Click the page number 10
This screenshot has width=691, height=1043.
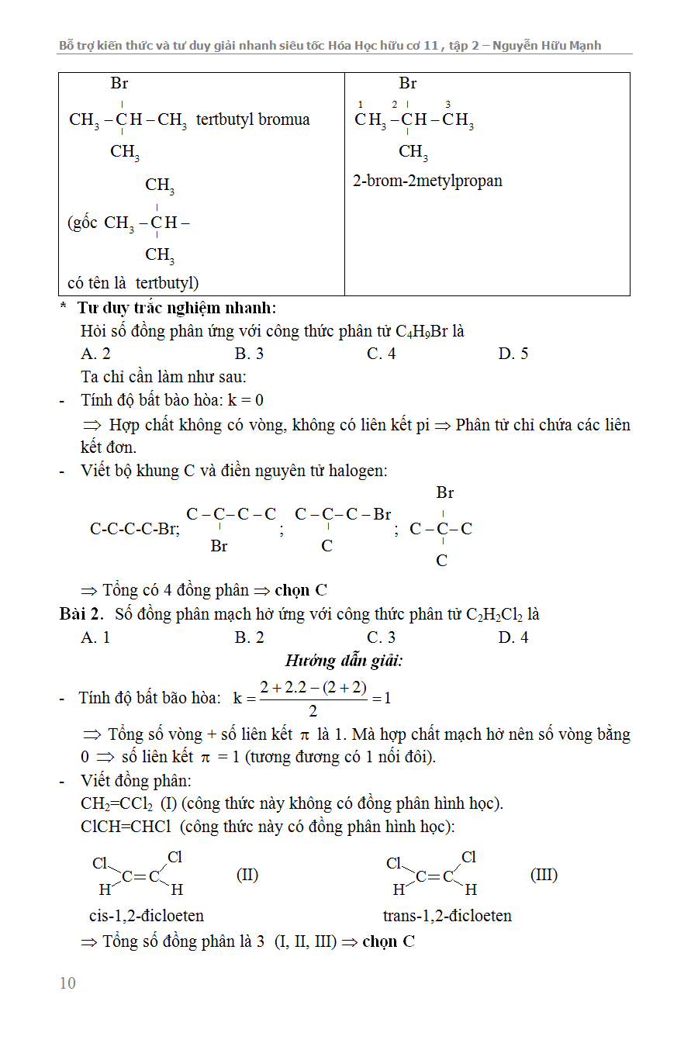click(67, 983)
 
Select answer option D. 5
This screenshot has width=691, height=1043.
click(513, 354)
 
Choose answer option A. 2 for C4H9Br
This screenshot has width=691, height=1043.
click(95, 354)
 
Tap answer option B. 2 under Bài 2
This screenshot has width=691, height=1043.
click(250, 637)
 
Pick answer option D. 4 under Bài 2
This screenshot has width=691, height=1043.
click(513, 637)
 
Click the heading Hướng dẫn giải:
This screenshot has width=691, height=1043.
click(344, 661)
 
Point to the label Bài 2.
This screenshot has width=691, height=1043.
click(81, 614)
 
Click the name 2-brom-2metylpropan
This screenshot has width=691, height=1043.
click(427, 181)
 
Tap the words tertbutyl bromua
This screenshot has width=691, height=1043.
click(253, 119)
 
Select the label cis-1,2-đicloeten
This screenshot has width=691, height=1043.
click(147, 916)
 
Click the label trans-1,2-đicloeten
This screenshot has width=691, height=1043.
click(447, 916)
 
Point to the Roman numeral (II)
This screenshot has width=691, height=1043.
click(247, 875)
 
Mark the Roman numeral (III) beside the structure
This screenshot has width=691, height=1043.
click(544, 875)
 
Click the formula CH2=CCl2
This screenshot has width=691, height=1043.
click(117, 803)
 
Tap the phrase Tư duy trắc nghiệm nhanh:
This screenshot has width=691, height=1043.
click(177, 308)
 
